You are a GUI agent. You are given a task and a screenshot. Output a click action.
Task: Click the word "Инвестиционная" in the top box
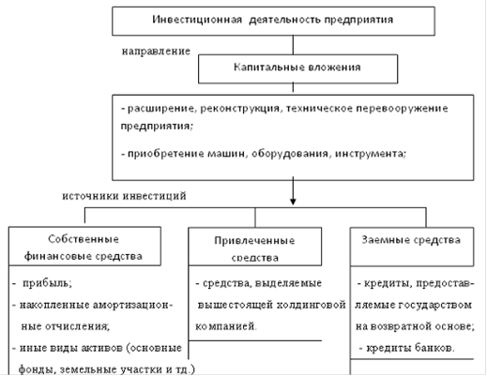[x=197, y=20]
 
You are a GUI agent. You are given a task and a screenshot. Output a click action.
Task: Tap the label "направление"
[x=156, y=51]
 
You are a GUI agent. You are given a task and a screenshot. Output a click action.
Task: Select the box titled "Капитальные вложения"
[x=297, y=68]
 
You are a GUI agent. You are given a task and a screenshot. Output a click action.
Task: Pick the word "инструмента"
[x=371, y=154]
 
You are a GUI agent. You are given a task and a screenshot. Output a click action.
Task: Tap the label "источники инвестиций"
[x=124, y=196]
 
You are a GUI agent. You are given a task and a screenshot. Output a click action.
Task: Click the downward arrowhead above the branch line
[x=293, y=202]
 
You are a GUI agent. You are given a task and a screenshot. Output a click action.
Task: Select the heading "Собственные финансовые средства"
[x=84, y=248]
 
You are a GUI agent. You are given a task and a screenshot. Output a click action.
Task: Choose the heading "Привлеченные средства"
[x=254, y=249]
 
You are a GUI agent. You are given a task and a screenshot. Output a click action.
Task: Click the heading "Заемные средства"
[x=411, y=240]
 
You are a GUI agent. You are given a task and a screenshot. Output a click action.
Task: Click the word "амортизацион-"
[x=132, y=305]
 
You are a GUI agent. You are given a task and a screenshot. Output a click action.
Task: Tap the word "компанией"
[x=226, y=326]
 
